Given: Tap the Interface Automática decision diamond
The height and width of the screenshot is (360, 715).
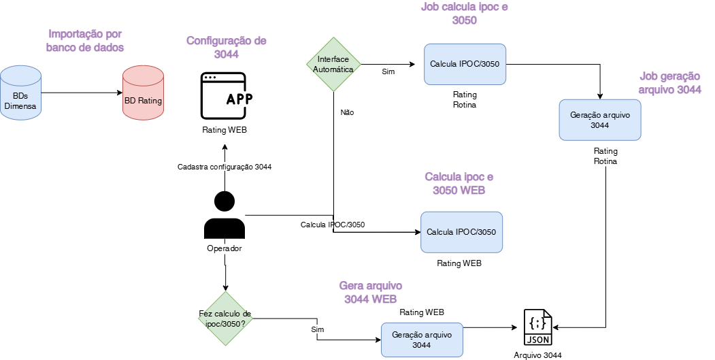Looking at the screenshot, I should click(333, 65).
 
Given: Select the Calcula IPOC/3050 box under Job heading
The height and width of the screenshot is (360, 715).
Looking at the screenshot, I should click(465, 65).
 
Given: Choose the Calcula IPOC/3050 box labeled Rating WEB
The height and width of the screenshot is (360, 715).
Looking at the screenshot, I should click(461, 232).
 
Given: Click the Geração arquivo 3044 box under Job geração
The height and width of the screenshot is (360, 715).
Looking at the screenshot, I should click(599, 120).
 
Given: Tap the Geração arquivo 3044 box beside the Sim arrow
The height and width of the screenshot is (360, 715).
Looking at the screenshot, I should click(421, 340).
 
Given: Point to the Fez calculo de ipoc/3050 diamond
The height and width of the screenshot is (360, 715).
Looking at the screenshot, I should click(225, 318).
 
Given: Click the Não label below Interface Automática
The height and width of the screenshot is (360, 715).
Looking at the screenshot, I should click(347, 112).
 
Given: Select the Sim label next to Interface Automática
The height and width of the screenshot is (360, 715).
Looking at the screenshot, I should click(388, 71).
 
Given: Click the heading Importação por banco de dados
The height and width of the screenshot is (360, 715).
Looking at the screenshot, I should click(85, 40).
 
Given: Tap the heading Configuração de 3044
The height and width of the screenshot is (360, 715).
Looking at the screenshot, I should click(227, 48).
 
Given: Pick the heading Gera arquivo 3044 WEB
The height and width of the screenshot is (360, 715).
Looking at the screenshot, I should click(370, 292).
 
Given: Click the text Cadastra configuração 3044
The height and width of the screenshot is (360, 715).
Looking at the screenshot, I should click(225, 167).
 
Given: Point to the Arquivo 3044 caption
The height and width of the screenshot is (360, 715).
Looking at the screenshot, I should click(537, 355).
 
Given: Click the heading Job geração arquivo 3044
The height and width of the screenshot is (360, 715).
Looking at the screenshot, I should click(670, 83).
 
